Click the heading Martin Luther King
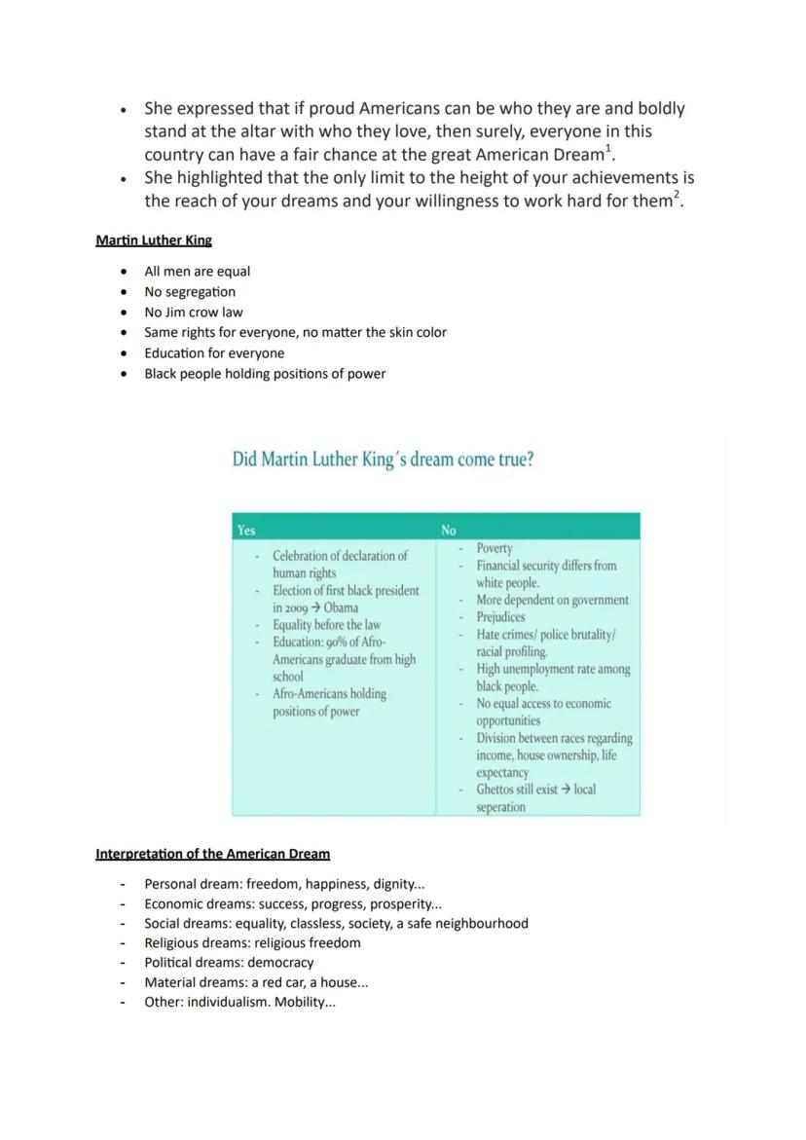(x=154, y=239)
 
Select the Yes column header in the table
(x=246, y=531)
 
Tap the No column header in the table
(x=448, y=531)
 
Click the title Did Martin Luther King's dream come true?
(x=383, y=460)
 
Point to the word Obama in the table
(x=341, y=607)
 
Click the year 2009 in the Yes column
(x=290, y=607)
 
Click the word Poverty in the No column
(x=495, y=549)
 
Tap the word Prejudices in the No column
(x=500, y=617)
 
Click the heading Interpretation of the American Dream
(x=212, y=854)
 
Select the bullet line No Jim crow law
(x=193, y=313)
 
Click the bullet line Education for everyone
(x=214, y=353)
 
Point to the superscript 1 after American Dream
(x=608, y=148)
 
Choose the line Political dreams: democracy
(x=229, y=963)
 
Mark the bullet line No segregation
(x=190, y=292)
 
